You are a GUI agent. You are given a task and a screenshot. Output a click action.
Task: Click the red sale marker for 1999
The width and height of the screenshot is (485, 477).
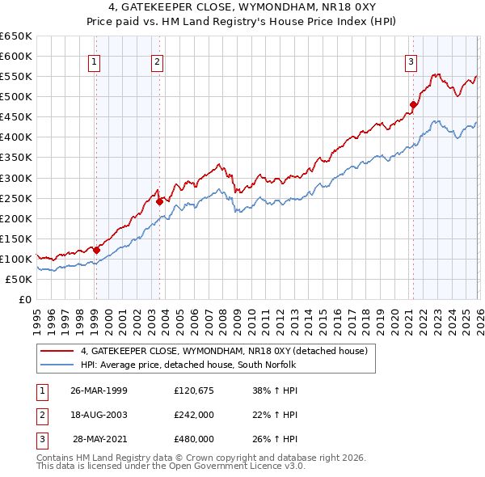[x=96, y=250]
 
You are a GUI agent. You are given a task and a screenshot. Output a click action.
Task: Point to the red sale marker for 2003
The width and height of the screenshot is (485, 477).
[x=159, y=201]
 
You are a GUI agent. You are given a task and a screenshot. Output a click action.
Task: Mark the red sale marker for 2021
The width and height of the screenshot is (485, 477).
[x=413, y=104]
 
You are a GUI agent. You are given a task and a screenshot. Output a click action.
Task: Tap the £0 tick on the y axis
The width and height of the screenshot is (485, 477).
[x=23, y=299]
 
